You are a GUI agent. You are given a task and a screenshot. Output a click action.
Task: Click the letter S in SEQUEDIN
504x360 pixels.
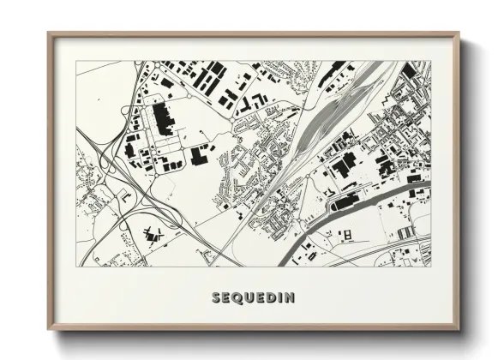pyautogui.click(x=215, y=298)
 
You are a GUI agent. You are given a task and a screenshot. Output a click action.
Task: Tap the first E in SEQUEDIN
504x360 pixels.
pyautogui.click(x=226, y=298)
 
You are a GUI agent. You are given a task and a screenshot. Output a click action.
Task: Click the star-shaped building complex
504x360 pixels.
pyautogui.click(x=152, y=231)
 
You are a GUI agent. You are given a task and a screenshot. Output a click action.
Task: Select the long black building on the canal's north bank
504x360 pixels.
pyautogui.click(x=344, y=202)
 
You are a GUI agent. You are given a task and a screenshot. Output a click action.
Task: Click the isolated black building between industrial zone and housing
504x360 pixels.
pyautogui.click(x=203, y=153)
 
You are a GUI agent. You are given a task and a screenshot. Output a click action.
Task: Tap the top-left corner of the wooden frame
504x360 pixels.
pyautogui.click(x=50, y=34)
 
